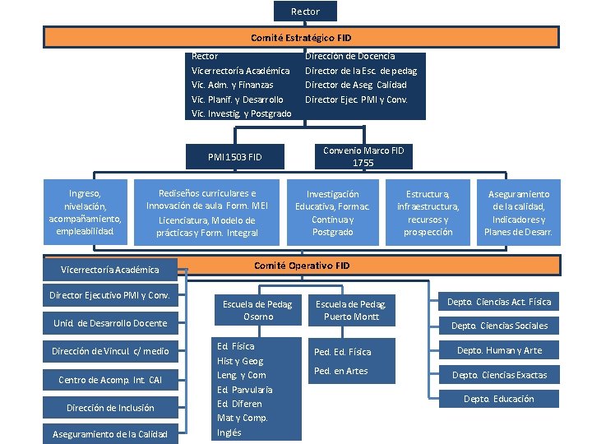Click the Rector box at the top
coord(305,11)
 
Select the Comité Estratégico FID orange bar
coord(301,37)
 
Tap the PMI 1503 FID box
coord(234,155)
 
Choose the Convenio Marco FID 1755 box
coord(363,156)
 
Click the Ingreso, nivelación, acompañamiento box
coord(86,212)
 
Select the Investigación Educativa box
coord(332,213)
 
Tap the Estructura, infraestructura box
coord(428,213)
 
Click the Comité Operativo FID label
coord(302,266)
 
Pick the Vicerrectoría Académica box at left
coord(110,269)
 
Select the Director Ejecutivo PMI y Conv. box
coord(110,295)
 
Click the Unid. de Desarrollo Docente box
coord(110,323)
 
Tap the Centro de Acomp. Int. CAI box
coord(110,380)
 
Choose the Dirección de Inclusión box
coord(110,408)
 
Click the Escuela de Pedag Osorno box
coord(258,310)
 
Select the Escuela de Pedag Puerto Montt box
coord(351,310)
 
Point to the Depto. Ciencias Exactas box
coord(499,375)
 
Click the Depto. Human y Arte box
coord(499,350)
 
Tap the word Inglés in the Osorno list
coord(229,432)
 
